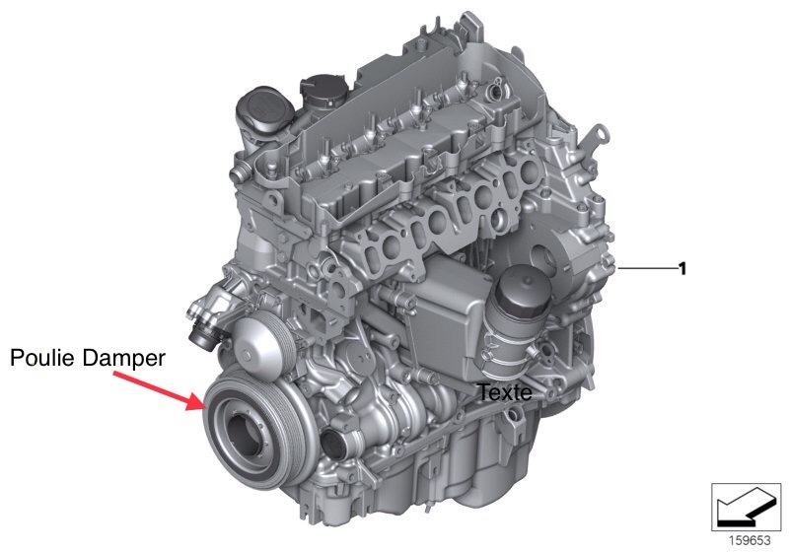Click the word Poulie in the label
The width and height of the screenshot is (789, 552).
(43, 359)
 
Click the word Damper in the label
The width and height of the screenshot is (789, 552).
(124, 359)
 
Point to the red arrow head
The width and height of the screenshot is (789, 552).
(197, 400)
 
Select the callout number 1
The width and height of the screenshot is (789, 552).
(682, 269)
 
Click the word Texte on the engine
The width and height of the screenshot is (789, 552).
(504, 392)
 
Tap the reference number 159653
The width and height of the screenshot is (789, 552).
(750, 540)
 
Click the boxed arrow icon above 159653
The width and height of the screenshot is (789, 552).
(746, 507)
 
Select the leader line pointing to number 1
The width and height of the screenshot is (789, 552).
(647, 269)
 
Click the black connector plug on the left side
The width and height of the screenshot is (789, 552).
(204, 340)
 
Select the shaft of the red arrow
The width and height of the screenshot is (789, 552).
(151, 384)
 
